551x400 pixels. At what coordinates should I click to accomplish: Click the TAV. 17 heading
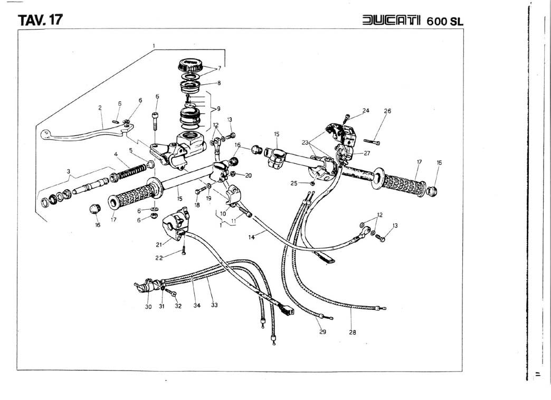[41, 20]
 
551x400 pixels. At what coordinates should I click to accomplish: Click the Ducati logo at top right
[392, 21]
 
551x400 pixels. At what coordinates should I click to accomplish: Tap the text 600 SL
[445, 21]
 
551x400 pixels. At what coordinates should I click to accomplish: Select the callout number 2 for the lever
[100, 108]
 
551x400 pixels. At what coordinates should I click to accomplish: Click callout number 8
[219, 83]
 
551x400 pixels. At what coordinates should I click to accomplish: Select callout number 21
[158, 245]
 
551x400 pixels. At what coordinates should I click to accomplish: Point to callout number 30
[148, 307]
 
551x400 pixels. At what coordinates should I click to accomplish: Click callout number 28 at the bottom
[352, 332]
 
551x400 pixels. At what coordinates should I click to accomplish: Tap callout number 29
[322, 332]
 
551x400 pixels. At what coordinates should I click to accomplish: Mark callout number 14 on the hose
[252, 238]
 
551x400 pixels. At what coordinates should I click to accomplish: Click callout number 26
[387, 111]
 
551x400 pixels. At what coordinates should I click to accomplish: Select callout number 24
[366, 111]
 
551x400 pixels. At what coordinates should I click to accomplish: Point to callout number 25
[294, 183]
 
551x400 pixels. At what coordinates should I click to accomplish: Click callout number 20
[248, 175]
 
